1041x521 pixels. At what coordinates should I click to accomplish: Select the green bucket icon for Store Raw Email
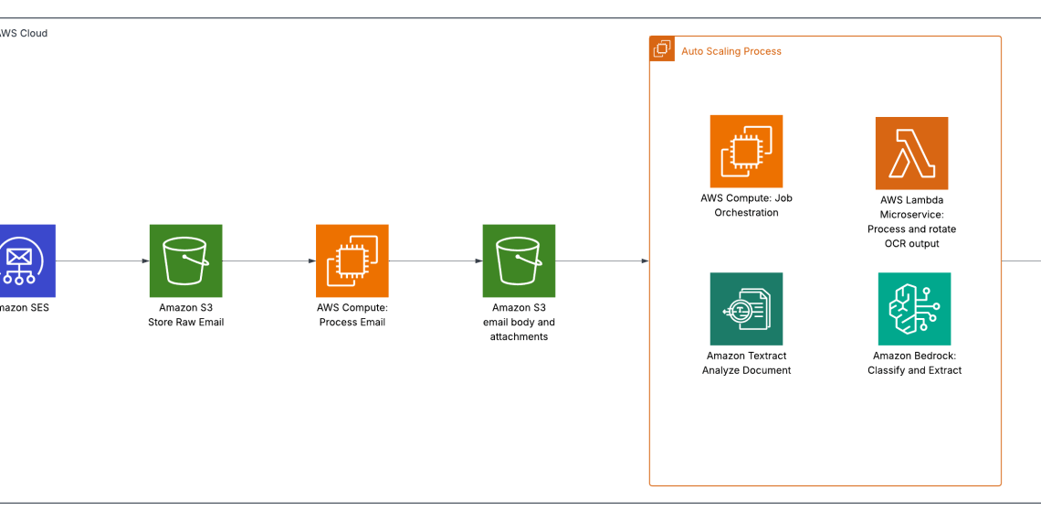[x=185, y=260]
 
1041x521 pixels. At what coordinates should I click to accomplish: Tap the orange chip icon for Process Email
[x=352, y=260]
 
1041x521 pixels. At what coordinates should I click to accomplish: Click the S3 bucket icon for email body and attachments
[x=519, y=260]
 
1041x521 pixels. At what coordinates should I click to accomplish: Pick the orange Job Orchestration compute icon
[x=746, y=151]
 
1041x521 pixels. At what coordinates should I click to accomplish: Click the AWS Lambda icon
[x=911, y=153]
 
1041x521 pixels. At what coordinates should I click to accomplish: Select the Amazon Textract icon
[x=746, y=309]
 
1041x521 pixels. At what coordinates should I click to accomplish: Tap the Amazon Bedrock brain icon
[x=914, y=309]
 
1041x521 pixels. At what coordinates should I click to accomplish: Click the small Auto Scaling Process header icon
[x=662, y=49]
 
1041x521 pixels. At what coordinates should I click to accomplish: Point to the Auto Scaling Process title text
[x=731, y=51]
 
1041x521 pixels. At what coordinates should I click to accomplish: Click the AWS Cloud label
[x=24, y=33]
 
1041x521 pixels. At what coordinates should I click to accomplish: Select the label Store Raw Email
[x=185, y=322]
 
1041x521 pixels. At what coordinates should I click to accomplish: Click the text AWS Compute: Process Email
[x=352, y=315]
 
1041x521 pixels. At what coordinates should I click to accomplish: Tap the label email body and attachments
[x=519, y=329]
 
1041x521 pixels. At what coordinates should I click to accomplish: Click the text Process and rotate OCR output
[x=911, y=236]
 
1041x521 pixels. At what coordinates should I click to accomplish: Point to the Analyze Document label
[x=746, y=370]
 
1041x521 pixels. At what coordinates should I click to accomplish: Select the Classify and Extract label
[x=914, y=370]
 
